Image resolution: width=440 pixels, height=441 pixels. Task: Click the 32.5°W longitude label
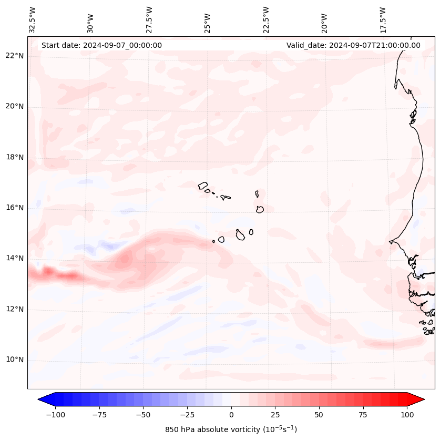point(33,20)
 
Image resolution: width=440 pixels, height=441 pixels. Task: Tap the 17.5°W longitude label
point(383,20)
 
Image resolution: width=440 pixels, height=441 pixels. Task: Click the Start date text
point(101,45)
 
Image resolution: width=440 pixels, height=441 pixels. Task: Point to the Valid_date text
point(353,45)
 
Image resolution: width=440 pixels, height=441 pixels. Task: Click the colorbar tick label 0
point(231,415)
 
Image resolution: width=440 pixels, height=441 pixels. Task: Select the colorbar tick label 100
point(407,415)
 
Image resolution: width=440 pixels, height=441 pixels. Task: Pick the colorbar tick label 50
point(319,415)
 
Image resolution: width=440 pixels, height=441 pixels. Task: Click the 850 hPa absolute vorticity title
point(231,429)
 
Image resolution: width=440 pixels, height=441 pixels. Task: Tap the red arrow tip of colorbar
point(419,399)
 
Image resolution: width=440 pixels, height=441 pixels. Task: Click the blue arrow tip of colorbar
point(42,399)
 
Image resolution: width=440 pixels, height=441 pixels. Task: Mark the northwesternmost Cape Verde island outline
point(203,185)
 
